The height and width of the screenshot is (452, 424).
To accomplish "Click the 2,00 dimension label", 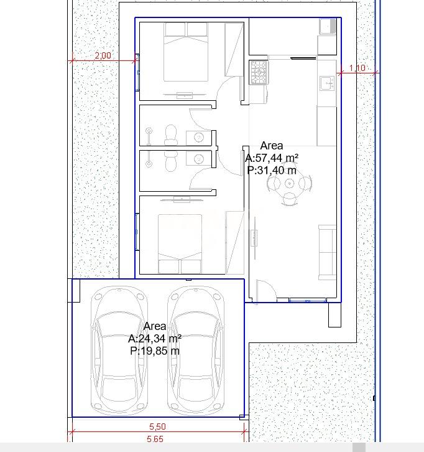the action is click(103, 55).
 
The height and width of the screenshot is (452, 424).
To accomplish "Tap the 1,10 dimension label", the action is click(357, 68).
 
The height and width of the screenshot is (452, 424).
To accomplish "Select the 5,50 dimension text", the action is click(157, 426).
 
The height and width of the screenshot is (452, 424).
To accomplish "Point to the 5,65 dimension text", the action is click(155, 439).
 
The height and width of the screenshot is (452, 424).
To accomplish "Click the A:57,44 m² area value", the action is click(272, 158).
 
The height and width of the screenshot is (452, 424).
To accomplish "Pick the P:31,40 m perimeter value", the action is click(272, 171).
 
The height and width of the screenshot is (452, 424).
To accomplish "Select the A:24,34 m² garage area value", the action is click(155, 339).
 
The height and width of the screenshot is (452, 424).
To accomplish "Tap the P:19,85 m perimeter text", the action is click(155, 351).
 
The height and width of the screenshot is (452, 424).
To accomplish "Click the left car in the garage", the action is click(119, 351).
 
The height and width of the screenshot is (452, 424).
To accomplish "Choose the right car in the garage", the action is click(196, 351).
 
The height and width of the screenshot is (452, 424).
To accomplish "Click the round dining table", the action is click(289, 183).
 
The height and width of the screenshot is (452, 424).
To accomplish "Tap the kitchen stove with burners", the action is click(259, 72).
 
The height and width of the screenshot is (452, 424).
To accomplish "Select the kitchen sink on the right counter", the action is click(327, 83).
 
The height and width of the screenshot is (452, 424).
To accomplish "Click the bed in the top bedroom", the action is click(186, 52).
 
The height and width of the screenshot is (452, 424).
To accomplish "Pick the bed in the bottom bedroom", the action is click(180, 244).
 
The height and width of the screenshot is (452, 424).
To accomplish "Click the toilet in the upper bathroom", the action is click(171, 135).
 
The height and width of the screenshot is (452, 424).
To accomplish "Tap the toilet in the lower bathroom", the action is click(171, 161).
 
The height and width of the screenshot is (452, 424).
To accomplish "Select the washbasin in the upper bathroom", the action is click(199, 138).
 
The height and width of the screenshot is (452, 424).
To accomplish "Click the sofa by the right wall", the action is click(327, 253).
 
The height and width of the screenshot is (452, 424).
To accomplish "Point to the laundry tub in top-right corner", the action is click(328, 27).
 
